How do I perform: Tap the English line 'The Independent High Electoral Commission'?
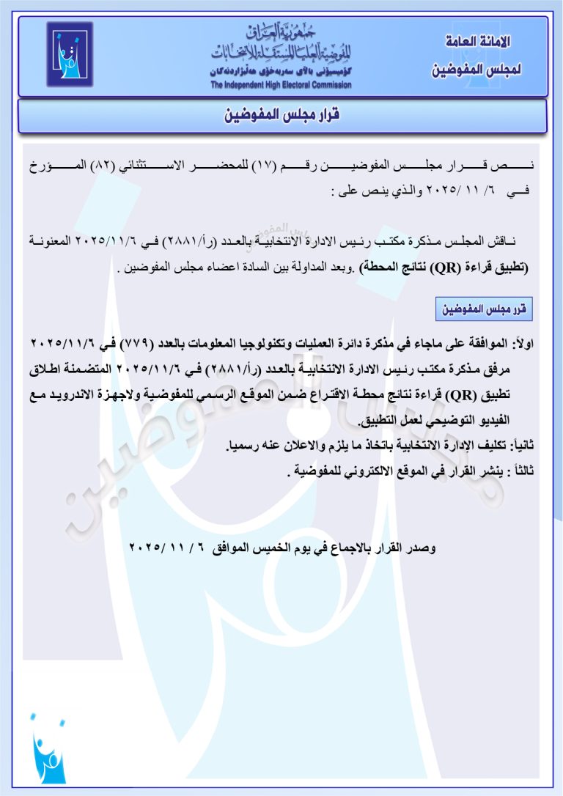tap(281, 85)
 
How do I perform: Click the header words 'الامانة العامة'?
tap(479, 42)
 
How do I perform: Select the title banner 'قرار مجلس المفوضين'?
tap(282, 115)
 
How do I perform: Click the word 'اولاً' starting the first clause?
tap(522, 344)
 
